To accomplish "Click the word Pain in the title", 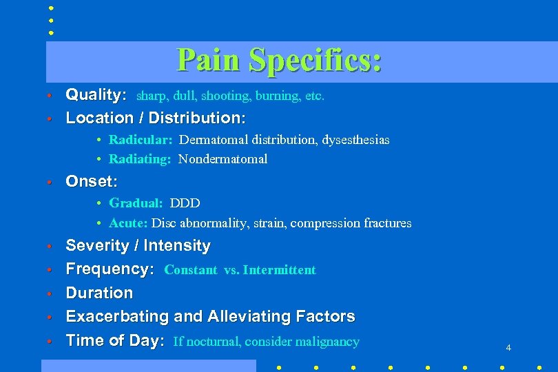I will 209,60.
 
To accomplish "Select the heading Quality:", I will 96,94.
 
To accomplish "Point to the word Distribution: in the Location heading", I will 197,118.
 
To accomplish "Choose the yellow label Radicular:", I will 141,140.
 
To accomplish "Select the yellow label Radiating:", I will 140,159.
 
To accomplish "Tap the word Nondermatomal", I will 223,159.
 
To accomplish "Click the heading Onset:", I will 91,182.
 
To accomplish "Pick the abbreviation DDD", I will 185,203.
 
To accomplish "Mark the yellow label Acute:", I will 128,223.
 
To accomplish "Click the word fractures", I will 386,223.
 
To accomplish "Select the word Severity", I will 94,246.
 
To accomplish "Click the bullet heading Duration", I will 99,293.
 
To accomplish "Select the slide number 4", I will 508,348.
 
